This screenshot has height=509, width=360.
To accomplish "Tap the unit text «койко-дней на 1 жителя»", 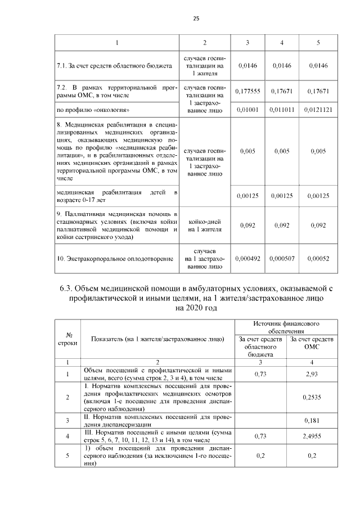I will coord(205,226).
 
